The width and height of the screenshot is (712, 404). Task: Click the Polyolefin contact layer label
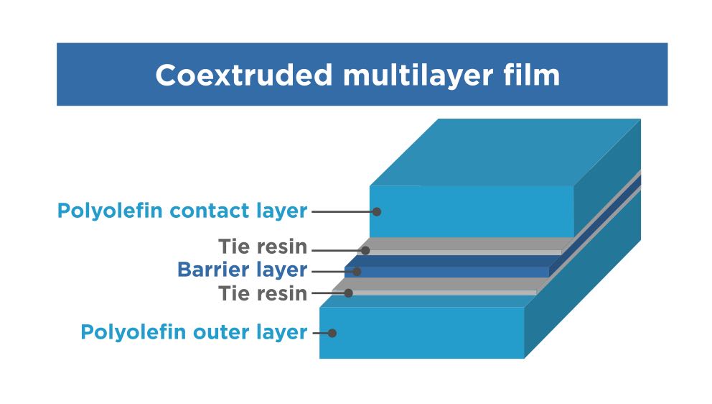(x=182, y=211)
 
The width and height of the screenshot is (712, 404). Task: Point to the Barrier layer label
(x=242, y=271)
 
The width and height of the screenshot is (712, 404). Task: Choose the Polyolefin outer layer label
(x=194, y=332)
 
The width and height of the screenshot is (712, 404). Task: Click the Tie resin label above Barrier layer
(x=263, y=248)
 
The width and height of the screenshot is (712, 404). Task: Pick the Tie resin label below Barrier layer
(x=263, y=293)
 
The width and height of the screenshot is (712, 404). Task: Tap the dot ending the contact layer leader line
(x=377, y=211)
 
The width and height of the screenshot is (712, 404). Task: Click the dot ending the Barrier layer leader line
(x=356, y=271)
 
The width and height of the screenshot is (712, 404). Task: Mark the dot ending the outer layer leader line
(x=332, y=333)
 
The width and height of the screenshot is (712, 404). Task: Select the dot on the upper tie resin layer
(x=365, y=250)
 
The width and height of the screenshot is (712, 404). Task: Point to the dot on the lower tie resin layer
(x=349, y=293)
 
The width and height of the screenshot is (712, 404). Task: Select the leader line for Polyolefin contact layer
(x=341, y=211)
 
